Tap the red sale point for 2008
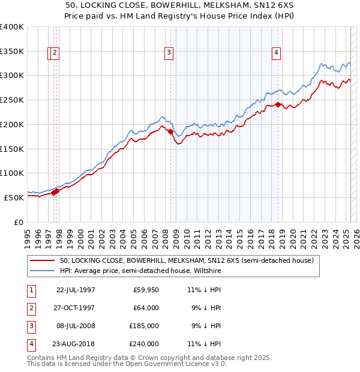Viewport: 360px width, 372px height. [x=170, y=131]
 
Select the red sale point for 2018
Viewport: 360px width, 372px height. [x=278, y=104]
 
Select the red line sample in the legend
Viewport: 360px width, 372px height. [x=42, y=261]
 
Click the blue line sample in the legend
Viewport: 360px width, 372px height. [x=42, y=271]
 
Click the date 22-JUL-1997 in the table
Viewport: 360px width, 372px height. [x=76, y=290]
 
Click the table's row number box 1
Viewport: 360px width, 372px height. [x=31, y=290]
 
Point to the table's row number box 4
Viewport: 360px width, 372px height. [x=31, y=344]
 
